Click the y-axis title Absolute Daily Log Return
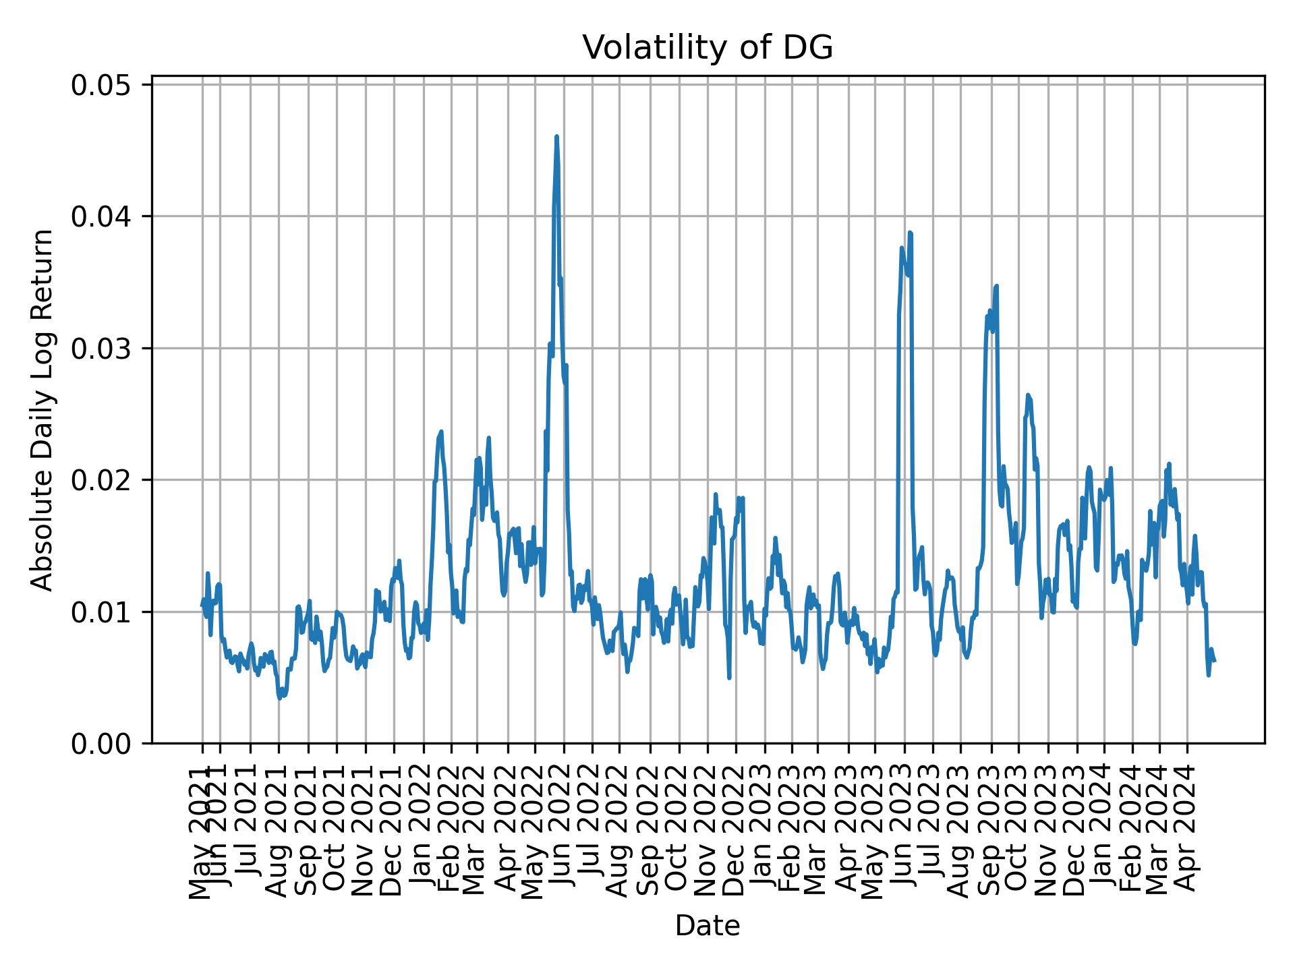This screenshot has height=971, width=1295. (44, 409)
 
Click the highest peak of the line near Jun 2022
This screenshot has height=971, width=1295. (556, 137)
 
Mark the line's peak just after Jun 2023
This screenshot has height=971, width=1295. (910, 233)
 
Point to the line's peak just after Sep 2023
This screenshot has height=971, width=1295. (996, 286)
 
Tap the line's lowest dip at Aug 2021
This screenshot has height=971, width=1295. (279, 698)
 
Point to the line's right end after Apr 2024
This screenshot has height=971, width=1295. (1214, 661)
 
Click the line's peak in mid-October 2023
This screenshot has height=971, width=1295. (1028, 395)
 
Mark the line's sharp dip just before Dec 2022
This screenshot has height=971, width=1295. (729, 677)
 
